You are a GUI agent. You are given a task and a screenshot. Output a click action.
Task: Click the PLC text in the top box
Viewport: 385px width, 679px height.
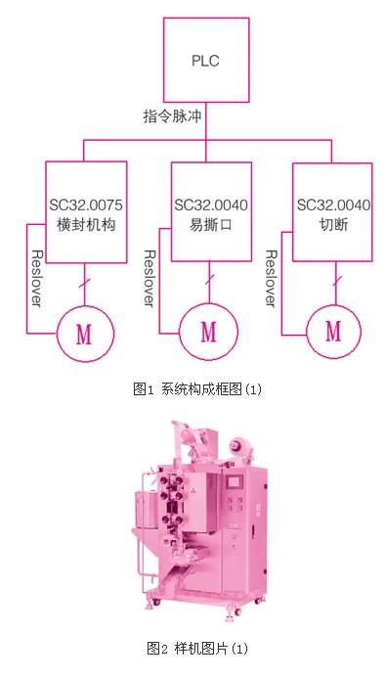205,61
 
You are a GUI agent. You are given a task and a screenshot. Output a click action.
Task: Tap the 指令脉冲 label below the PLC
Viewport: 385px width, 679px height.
173,116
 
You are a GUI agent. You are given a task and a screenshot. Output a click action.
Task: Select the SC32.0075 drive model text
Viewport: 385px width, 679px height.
86,204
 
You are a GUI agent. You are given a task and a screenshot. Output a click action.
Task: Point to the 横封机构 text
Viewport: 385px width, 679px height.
86,225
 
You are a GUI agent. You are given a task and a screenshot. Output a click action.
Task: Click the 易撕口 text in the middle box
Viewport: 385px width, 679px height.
211,225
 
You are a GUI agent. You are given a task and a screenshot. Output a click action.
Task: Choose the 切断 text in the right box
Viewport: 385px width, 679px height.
333,225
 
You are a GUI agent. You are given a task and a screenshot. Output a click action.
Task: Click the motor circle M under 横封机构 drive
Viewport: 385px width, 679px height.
85,334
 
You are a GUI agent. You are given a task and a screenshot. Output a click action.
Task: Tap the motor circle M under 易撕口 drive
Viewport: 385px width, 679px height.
209,332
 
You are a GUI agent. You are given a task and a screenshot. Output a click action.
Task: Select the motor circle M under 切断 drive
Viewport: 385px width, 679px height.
333,332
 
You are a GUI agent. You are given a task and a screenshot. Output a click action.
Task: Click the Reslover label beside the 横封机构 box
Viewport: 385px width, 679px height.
37,279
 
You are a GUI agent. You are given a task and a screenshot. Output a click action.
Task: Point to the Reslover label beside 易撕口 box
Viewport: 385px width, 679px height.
150,279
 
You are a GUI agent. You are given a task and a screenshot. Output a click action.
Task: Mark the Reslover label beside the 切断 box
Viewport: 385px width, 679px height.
271,279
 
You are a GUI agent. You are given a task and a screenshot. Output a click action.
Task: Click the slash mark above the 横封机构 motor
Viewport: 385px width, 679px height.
84,284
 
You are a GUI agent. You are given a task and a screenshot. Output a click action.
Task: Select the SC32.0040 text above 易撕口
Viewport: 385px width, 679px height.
211,204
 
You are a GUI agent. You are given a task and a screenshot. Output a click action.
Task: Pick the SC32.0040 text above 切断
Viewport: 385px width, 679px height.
333,204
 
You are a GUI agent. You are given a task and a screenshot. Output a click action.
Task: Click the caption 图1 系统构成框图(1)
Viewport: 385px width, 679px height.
197,389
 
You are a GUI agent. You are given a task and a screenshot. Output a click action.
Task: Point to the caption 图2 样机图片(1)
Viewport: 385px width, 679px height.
197,649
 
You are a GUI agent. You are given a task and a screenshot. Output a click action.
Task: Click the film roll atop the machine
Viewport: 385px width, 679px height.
237,445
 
